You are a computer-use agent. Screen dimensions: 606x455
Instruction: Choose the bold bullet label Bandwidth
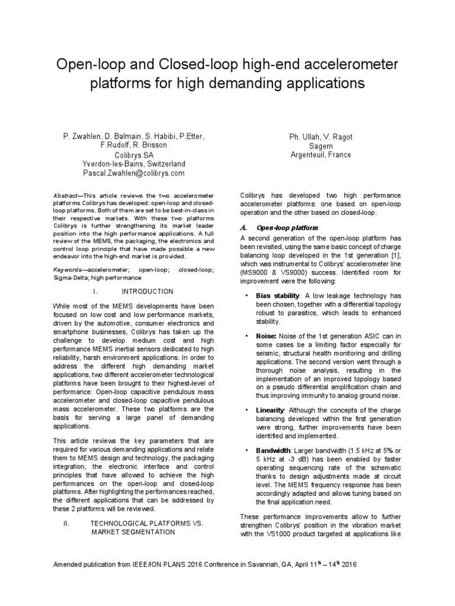point(274,451)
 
